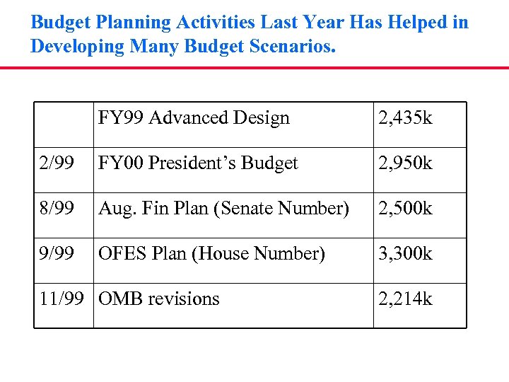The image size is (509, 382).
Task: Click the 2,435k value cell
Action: click(405, 118)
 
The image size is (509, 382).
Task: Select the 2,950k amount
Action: click(405, 163)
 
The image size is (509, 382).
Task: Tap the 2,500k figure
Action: click(405, 209)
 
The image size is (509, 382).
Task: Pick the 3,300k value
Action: click(405, 254)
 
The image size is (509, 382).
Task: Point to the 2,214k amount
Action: click(405, 299)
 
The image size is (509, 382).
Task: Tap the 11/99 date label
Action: click(62, 299)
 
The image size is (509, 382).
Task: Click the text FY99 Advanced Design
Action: click(194, 118)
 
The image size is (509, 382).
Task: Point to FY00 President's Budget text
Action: click(199, 163)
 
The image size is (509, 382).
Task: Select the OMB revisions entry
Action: click(159, 299)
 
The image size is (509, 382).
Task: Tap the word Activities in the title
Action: click(212, 23)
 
